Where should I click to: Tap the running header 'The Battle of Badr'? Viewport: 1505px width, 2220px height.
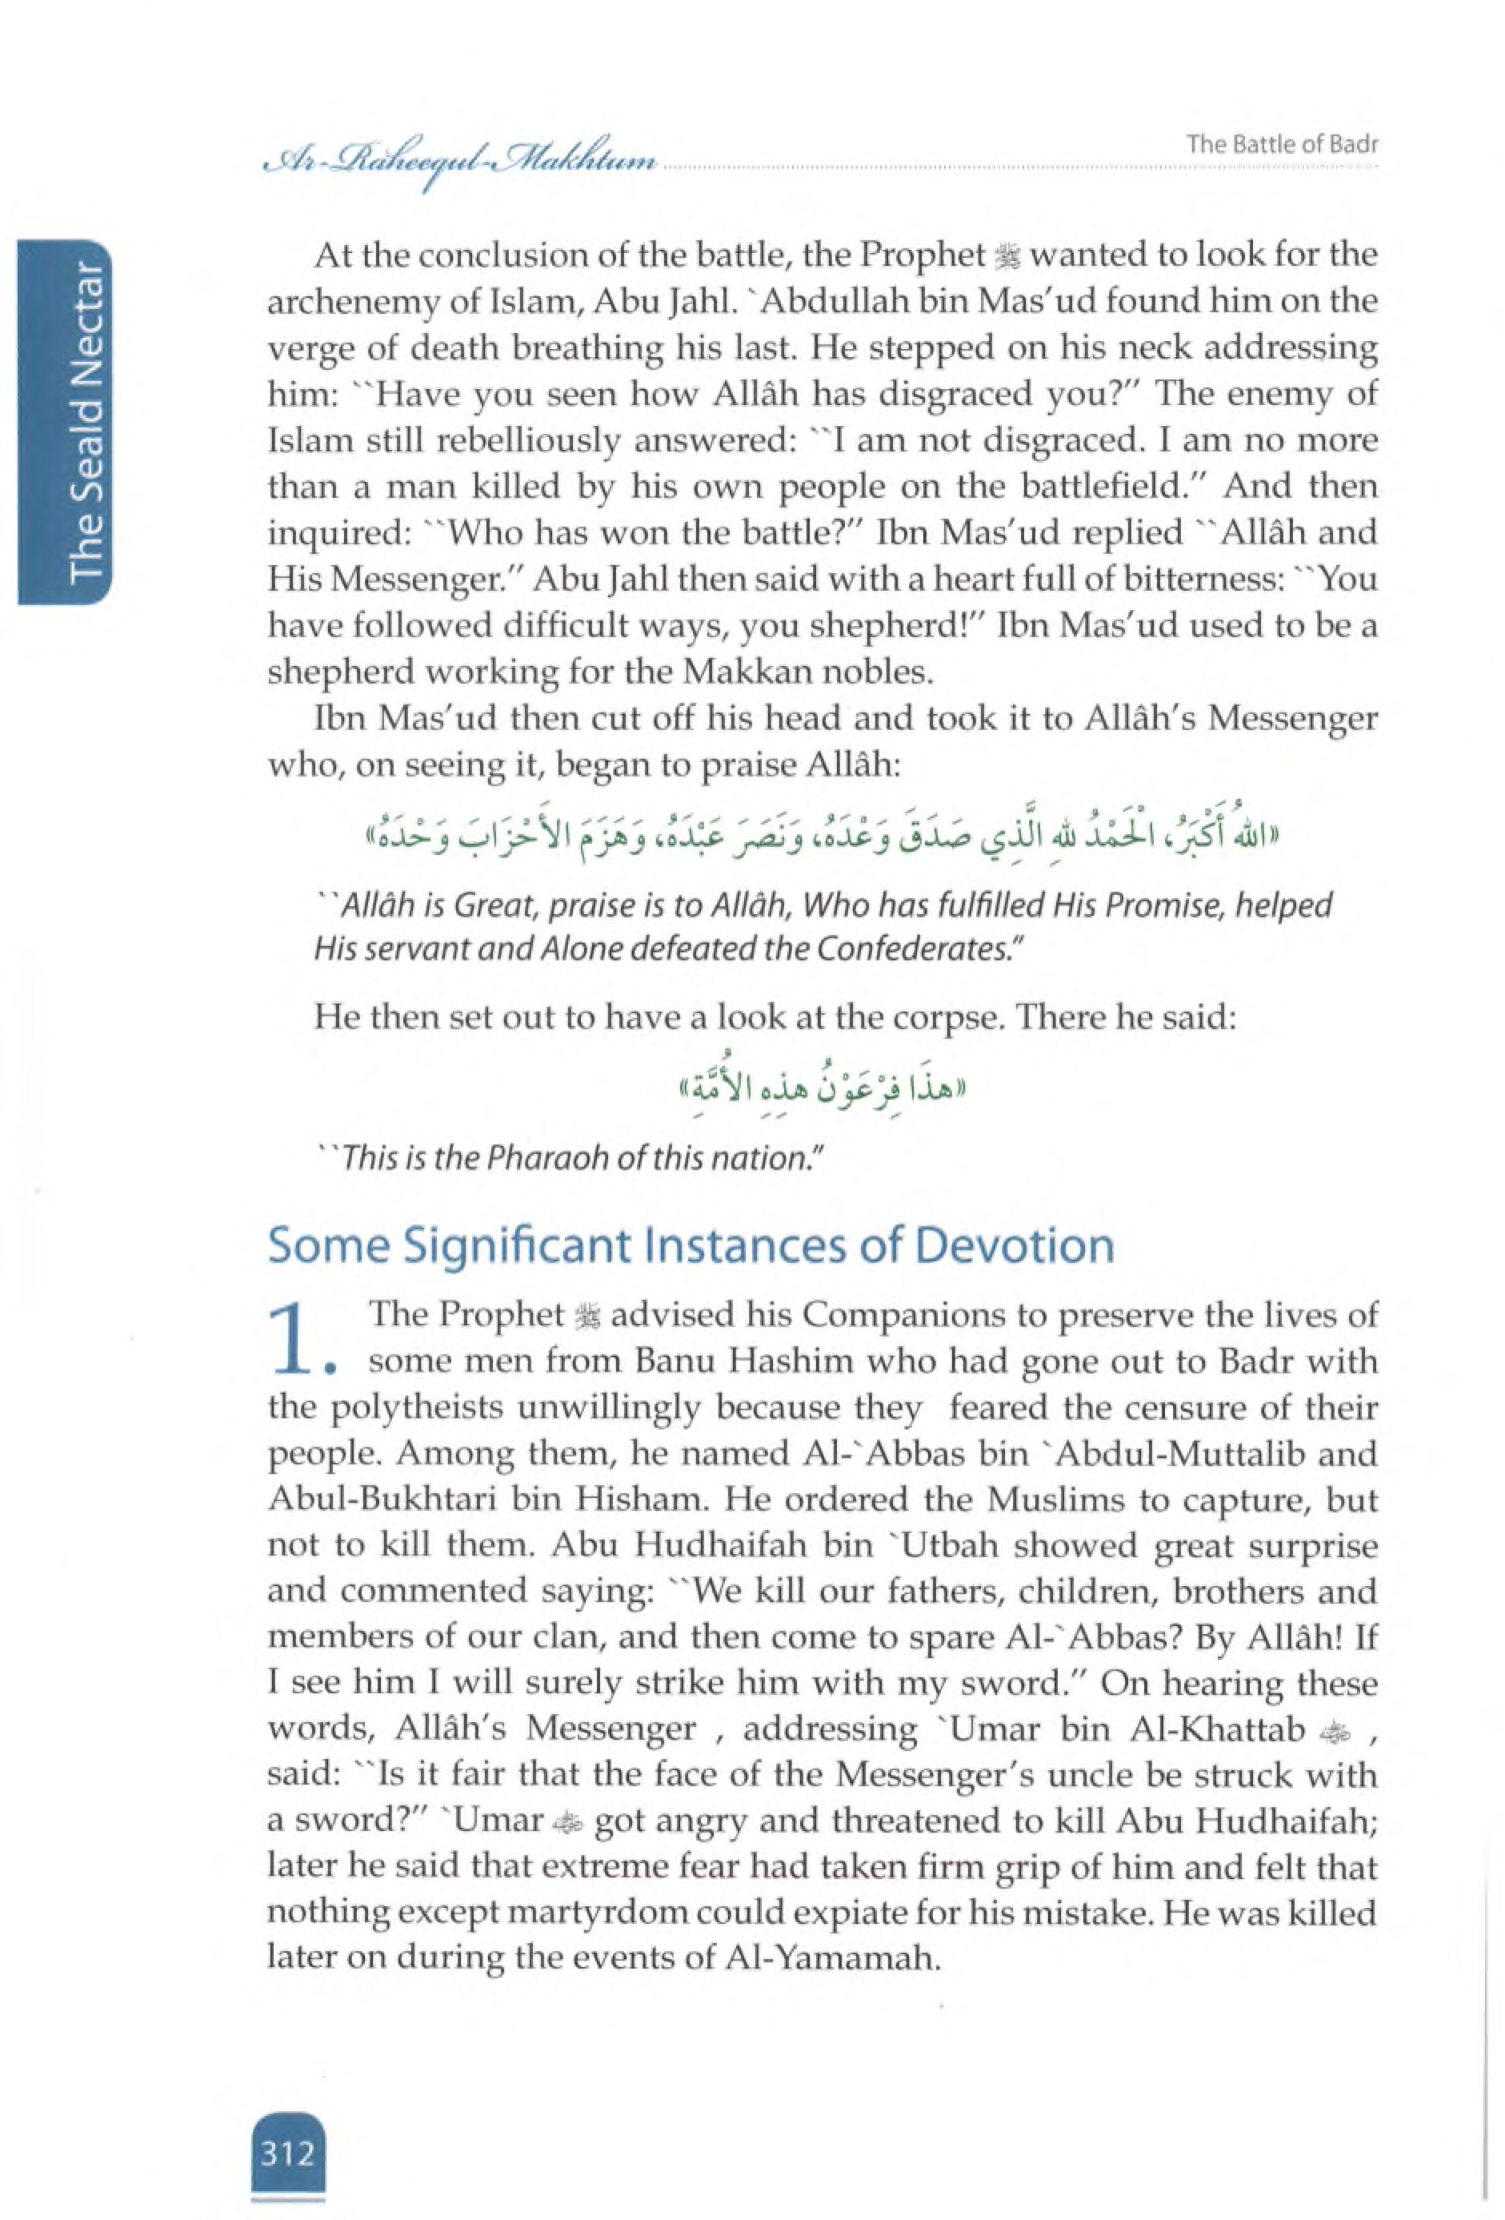point(1282,145)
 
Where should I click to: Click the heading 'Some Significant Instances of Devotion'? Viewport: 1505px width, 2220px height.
point(690,1246)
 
